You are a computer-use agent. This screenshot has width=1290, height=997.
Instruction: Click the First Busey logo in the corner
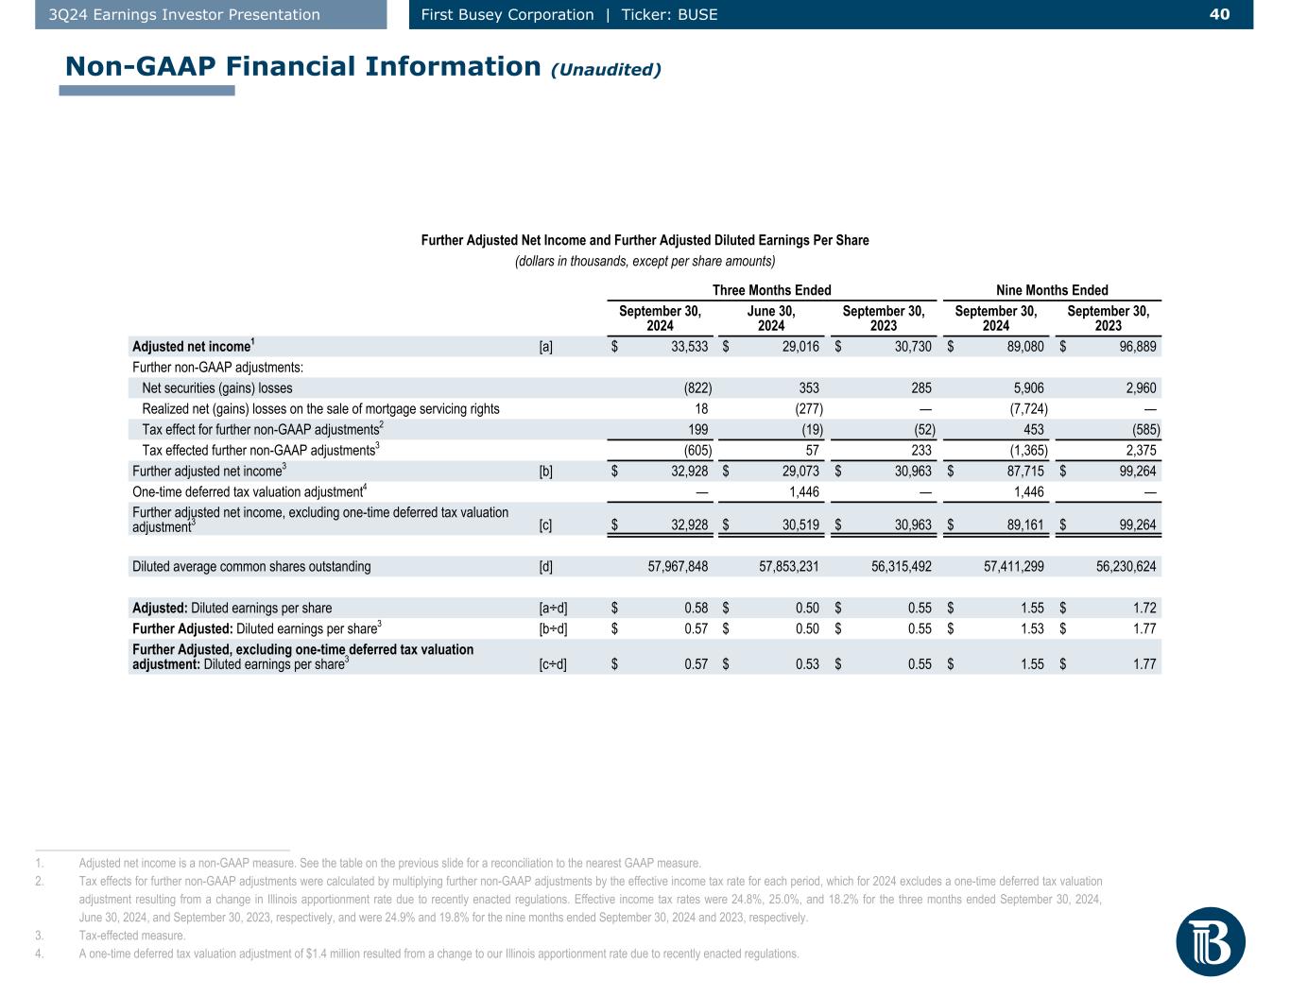point(1211,941)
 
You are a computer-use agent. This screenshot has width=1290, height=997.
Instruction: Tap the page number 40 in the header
point(1219,14)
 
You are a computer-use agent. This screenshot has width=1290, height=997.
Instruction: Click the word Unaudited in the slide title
point(606,69)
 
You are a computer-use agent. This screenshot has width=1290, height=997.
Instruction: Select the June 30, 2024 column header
point(771,318)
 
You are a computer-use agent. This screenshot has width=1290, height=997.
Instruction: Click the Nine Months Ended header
point(1052,290)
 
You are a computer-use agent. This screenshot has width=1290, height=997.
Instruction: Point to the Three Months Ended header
point(771,290)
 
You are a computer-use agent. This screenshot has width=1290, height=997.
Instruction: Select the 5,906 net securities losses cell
point(1028,388)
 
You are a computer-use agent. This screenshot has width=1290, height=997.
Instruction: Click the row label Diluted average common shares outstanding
point(251,567)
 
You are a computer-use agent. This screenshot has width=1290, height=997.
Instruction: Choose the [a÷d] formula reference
point(553,609)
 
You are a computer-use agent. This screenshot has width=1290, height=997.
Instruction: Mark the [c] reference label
point(546,525)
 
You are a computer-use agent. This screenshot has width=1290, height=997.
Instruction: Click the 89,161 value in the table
point(1024,525)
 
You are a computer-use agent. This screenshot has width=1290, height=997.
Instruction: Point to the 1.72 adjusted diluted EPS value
point(1144,609)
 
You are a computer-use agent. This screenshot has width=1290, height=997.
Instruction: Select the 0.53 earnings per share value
point(807,664)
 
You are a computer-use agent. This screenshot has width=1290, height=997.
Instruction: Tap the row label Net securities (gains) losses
point(217,388)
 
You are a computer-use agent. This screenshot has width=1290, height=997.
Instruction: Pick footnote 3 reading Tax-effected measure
point(132,936)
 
